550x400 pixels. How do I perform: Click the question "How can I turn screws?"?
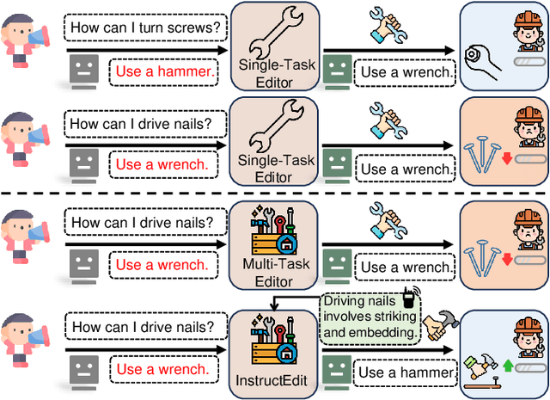coord(144,28)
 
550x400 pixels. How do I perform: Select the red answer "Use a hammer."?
coord(166,72)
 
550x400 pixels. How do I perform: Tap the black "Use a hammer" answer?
coord(406,372)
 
